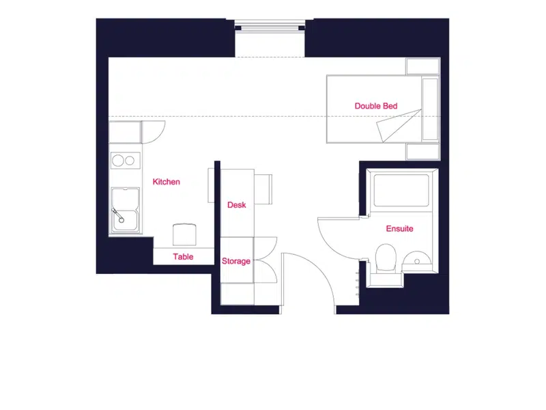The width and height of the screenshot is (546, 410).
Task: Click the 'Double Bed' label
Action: click(376, 106)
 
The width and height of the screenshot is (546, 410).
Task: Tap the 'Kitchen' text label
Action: click(166, 182)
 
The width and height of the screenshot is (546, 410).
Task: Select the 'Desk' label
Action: click(236, 205)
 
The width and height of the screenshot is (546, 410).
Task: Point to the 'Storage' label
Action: click(235, 261)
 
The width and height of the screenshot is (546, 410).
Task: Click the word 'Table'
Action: click(183, 257)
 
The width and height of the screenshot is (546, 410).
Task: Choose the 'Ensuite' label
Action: click(399, 229)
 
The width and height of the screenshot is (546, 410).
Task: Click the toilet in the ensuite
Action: click(386, 258)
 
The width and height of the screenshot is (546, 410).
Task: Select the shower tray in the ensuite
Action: click(401, 191)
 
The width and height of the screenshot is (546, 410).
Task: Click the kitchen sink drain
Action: click(121, 220)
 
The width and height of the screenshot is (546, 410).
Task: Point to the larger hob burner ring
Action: click(117, 161)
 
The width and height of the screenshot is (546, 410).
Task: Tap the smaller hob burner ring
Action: click(130, 161)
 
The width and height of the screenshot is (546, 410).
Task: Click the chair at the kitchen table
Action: click(184, 234)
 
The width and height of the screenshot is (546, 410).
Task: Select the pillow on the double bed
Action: click(430, 109)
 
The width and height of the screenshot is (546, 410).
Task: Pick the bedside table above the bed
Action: click(422, 66)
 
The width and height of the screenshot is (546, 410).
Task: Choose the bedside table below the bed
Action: click(422, 151)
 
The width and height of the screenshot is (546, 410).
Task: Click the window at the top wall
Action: click(270, 26)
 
